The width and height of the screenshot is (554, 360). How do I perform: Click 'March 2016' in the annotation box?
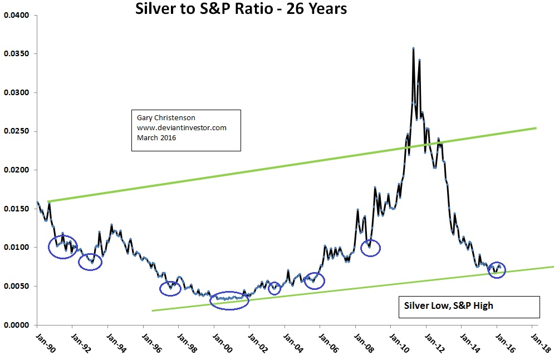coord(156,137)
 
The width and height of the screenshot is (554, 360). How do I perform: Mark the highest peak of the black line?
coord(413,48)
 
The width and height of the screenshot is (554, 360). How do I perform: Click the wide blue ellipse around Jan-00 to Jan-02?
coord(229,300)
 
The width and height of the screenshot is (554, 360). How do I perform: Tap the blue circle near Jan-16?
coord(497,270)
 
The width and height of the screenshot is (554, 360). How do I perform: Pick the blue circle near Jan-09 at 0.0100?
coord(370,247)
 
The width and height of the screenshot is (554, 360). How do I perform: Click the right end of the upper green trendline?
coord(536,128)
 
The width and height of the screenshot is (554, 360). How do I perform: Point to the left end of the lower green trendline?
coord(152,310)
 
